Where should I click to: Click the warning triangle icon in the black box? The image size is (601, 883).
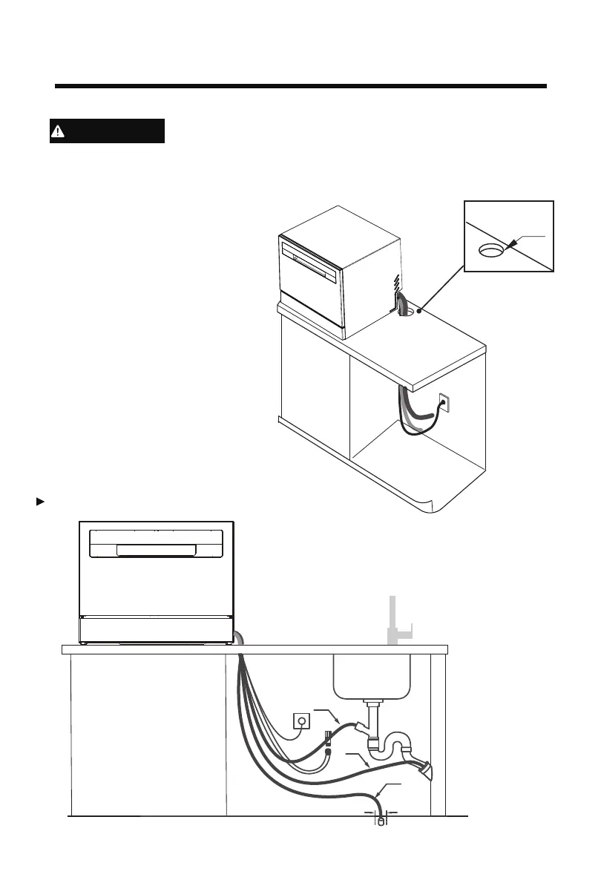(58, 131)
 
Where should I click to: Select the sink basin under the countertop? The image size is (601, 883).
(370, 676)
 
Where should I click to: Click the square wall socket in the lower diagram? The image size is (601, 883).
(302, 720)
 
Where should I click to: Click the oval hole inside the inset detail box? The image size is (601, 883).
(490, 250)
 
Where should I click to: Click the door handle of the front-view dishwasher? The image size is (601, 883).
(155, 550)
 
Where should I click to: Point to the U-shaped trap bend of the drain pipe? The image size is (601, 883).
(382, 749)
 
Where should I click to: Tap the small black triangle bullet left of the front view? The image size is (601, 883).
(41, 502)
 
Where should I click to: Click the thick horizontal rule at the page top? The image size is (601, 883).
(300, 87)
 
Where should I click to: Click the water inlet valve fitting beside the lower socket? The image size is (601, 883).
(326, 739)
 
